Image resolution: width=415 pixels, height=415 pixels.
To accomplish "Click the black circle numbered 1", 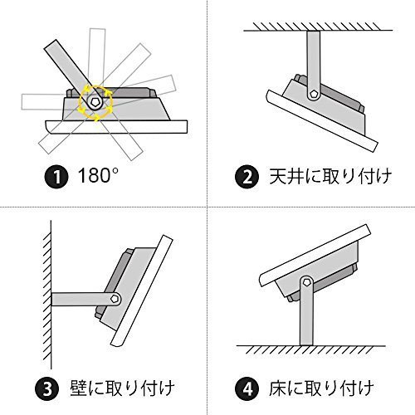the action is pos(56,176).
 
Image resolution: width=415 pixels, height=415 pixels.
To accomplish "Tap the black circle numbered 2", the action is pos(247,176).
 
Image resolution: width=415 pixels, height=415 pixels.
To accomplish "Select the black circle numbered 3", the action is pos(47,388).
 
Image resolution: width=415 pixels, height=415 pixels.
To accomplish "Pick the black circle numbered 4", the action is pos(247,388).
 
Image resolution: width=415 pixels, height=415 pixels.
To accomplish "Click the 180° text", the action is pos(98,175).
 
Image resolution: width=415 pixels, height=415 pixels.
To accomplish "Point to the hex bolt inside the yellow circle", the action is pos(95,101).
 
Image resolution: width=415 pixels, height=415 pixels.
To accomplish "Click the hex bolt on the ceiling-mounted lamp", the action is pos(314,94).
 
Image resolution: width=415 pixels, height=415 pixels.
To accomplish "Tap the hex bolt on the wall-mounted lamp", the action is pos(115,299).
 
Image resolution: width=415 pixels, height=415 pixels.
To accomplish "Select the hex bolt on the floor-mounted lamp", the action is pos(306,282).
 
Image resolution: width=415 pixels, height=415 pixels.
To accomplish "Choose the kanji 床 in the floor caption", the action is pos(277,388).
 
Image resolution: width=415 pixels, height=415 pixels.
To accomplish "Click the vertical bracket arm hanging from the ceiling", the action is pos(314,65).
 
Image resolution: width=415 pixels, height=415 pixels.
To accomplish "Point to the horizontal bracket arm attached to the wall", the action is pos(85,299).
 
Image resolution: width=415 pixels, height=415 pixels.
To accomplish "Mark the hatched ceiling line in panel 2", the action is pos(318,27).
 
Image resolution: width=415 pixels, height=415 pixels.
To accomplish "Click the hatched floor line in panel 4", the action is pos(311,349).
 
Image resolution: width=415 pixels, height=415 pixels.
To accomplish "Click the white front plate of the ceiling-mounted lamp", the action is pos(322,121).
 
